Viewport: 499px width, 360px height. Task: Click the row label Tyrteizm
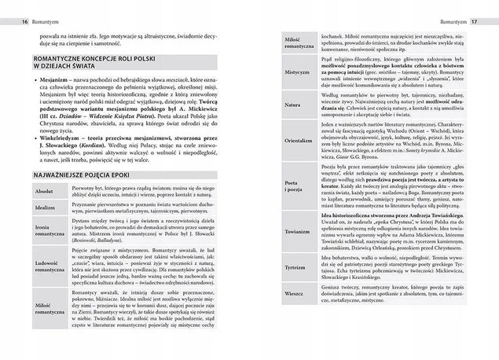coord(297,268)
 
